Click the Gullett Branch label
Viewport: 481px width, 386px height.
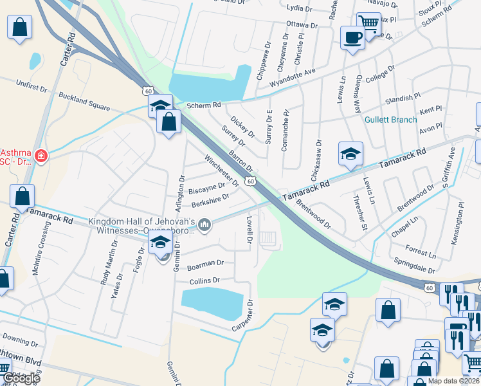(390, 120)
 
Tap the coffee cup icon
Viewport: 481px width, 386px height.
(352, 37)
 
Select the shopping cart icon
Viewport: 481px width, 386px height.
(368, 24)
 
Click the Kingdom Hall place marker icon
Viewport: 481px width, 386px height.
(205, 225)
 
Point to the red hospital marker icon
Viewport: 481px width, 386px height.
(41, 155)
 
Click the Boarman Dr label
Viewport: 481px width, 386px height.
(205, 264)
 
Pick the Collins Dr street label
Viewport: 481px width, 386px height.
(205, 281)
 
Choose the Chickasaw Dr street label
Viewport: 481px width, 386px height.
(318, 156)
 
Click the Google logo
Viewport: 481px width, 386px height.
(21, 378)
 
